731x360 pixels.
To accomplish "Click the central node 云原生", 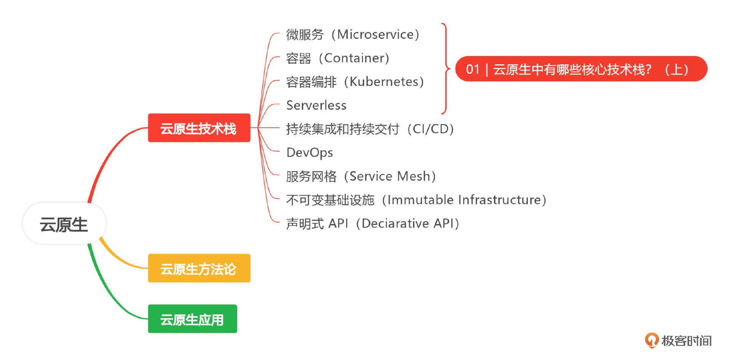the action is coord(64,223).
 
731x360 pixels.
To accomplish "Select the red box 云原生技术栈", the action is coord(199,128).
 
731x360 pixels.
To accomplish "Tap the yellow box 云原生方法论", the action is coord(199,268).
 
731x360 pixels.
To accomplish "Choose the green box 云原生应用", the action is coord(193,319).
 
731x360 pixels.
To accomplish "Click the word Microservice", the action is coord(375,34).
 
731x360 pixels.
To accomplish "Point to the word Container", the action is coord(354,58).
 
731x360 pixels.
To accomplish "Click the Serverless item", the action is coord(316,105).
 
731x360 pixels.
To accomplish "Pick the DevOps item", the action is coord(310,153).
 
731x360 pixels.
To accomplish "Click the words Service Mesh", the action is coord(390,176).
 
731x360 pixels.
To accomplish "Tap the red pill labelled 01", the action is coord(581,69).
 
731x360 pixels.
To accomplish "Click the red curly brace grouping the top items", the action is coord(446,68).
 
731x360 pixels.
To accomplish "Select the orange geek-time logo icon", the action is coord(651,340).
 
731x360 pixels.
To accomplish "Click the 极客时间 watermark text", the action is coord(686,341).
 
